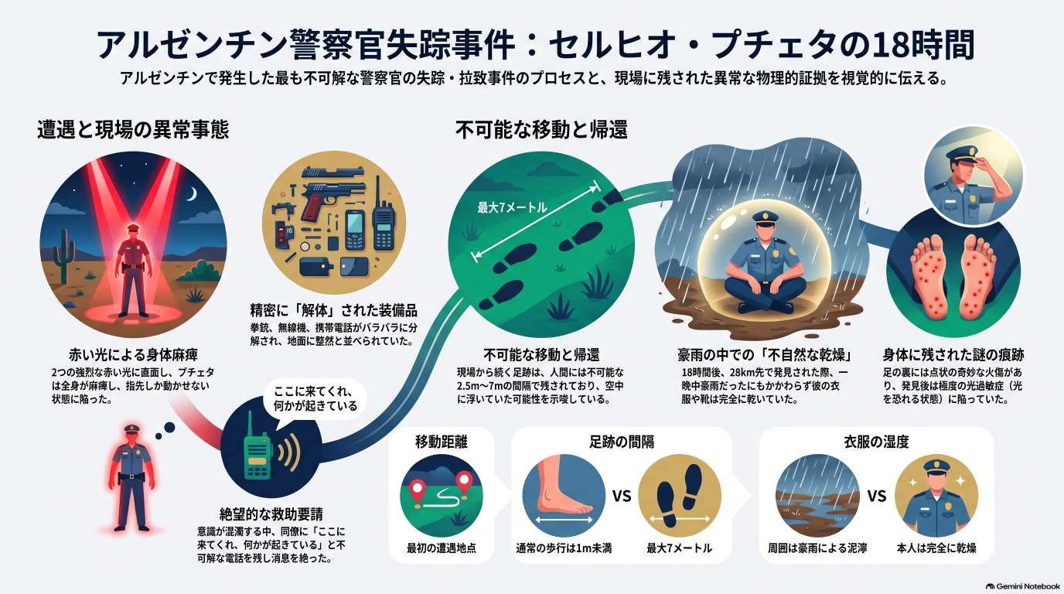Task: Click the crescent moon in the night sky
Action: pos(193,194)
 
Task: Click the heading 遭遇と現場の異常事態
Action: pos(133,130)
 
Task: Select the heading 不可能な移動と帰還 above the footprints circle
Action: pos(541,130)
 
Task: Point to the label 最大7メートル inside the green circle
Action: pos(512,207)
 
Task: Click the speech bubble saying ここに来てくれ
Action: pos(315,398)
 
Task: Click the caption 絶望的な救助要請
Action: pos(271,514)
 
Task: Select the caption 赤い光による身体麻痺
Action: pos(134,354)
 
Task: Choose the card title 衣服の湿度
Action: pos(876,442)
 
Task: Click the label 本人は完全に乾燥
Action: pos(936,548)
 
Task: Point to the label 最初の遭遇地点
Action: pos(442,548)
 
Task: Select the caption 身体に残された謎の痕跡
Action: pos(953,354)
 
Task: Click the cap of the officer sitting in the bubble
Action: pos(766,217)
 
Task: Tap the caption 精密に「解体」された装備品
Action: pos(333,311)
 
